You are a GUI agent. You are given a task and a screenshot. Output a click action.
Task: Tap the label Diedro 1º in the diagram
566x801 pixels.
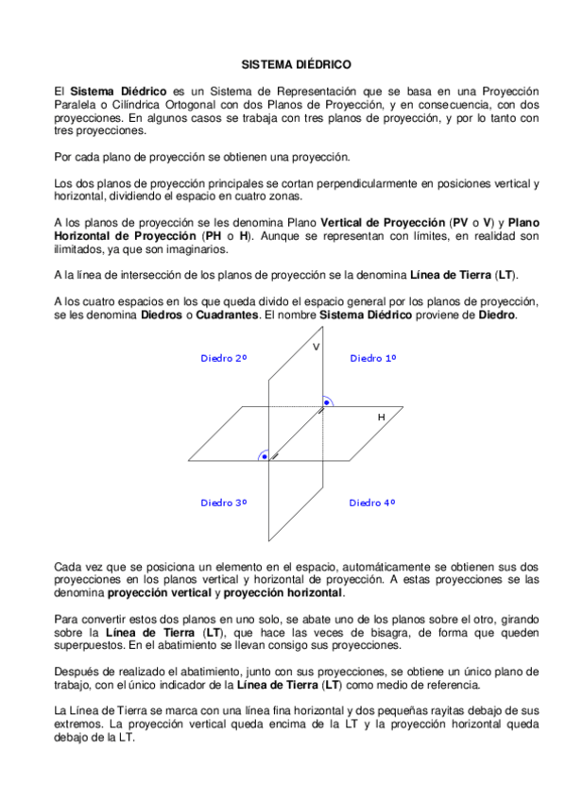pos(372,358)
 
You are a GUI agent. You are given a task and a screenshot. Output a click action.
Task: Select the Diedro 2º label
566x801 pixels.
pos(224,358)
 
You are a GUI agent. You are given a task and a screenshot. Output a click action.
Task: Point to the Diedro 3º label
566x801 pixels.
pos(224,503)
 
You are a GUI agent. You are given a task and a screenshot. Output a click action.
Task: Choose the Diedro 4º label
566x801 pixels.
pos(372,503)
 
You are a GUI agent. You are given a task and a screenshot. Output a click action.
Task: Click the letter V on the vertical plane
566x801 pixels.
pos(316,348)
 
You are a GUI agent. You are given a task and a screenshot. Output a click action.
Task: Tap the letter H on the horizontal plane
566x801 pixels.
pos(382,417)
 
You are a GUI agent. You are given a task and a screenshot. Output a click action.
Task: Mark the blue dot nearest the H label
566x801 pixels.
pos(326,402)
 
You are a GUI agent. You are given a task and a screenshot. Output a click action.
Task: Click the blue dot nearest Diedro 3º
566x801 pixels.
pos(264,456)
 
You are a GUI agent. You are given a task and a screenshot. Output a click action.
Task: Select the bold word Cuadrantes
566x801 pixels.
pos(227,315)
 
